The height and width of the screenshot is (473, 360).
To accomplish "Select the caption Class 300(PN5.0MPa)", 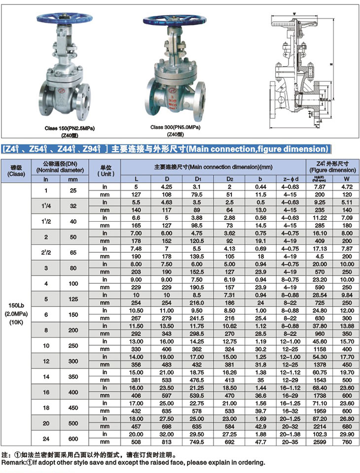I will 175,127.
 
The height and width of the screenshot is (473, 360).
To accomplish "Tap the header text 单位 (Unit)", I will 106,170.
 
